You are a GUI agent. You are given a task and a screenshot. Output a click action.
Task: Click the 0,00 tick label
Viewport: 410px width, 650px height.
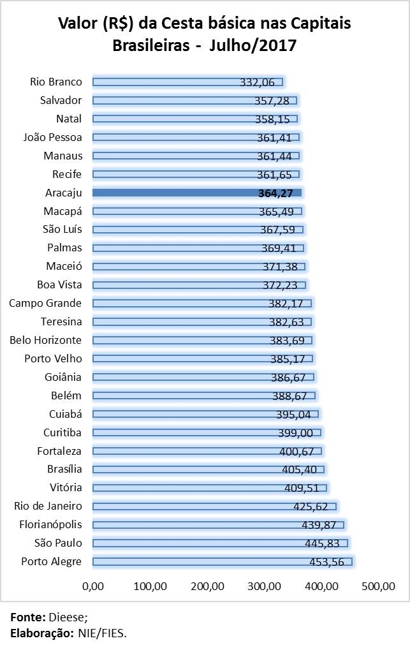coord(93,585)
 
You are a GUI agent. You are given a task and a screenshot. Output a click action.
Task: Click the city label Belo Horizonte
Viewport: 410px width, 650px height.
coord(45,340)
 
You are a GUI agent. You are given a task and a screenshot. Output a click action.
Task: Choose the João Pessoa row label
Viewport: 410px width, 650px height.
coord(52,137)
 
